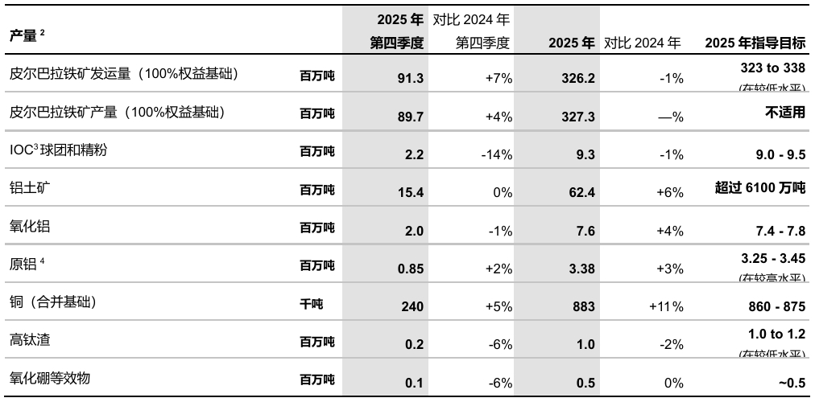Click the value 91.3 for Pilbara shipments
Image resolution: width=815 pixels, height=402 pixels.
tap(410, 79)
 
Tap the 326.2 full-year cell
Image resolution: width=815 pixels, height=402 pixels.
tap(578, 79)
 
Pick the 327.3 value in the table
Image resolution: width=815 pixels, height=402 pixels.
tap(578, 117)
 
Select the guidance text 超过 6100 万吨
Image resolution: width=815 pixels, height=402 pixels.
tap(759, 188)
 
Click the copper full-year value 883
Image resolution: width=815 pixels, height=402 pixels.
tap(583, 306)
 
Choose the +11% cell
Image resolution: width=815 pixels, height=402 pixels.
tap(666, 306)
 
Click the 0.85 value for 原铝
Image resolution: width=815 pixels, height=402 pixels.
tap(410, 269)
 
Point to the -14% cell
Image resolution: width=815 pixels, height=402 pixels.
tap(496, 154)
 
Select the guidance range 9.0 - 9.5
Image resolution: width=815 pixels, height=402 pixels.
tap(777, 154)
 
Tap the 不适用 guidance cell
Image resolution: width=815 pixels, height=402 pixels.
tap(784, 113)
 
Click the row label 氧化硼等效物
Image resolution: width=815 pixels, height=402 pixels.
tap(49, 378)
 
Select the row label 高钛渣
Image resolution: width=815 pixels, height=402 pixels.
tap(29, 340)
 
